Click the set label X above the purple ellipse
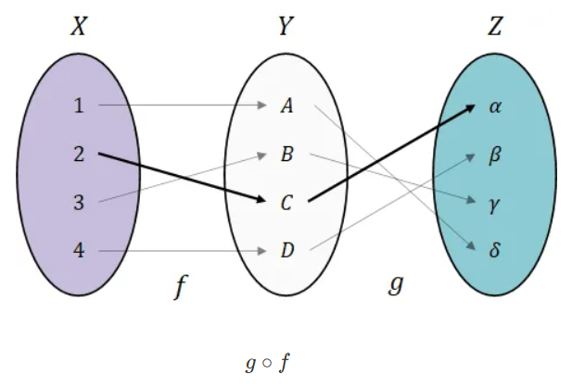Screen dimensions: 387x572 (80, 27)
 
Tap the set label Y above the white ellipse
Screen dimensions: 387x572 (286, 27)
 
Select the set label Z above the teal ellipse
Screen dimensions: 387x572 (495, 27)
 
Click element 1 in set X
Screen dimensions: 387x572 (79, 106)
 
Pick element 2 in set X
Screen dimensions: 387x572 (79, 154)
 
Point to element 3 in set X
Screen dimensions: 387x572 (79, 202)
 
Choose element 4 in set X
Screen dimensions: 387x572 (79, 250)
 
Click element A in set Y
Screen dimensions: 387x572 (287, 106)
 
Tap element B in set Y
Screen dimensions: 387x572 (287, 154)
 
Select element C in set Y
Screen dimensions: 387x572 (287, 202)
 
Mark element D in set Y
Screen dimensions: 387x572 (287, 250)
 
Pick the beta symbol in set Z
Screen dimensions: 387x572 (495, 154)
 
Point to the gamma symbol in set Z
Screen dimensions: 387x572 (495, 203)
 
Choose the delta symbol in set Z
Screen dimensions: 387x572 (495, 250)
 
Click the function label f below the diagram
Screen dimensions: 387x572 (182, 289)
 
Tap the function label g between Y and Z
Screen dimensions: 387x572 (394, 285)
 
